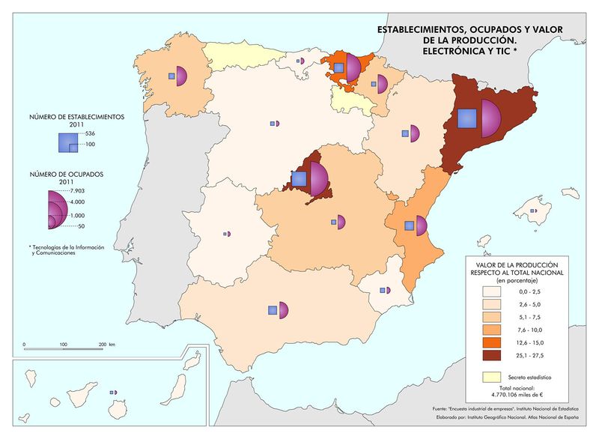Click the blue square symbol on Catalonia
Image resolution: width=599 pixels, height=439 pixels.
(x=466, y=119)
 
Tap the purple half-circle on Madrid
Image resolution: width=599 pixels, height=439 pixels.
(x=318, y=179)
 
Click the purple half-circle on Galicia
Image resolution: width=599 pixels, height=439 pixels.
(x=180, y=76)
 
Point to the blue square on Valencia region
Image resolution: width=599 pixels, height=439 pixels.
(x=409, y=225)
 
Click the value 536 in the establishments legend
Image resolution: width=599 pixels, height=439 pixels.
(x=91, y=133)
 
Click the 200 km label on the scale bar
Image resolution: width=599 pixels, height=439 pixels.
(x=106, y=344)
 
